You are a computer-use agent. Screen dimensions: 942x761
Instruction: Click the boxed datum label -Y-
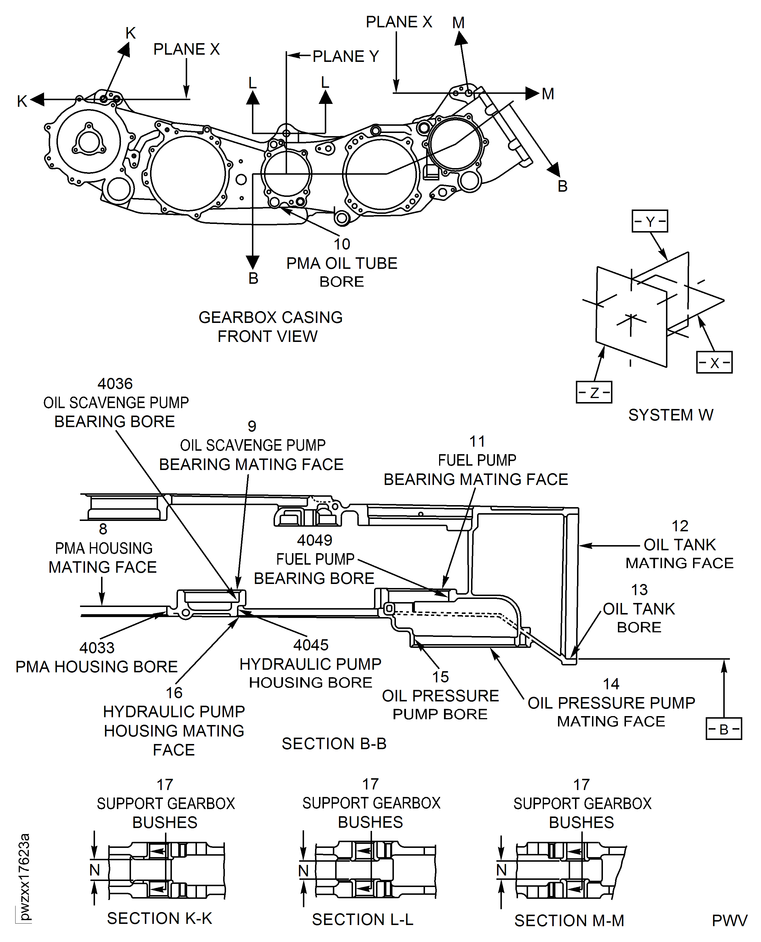click(x=650, y=221)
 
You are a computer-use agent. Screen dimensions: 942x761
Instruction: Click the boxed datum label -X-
click(x=714, y=362)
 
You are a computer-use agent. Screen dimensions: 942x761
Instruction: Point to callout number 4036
click(x=115, y=384)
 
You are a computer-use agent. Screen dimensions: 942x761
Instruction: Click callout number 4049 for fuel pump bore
click(x=314, y=540)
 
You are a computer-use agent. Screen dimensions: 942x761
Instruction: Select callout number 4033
click(x=97, y=648)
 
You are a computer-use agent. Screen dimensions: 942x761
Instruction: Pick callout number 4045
click(x=311, y=645)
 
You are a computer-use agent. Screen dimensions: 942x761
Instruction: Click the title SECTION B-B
click(x=334, y=743)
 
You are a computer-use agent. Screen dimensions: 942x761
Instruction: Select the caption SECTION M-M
click(x=569, y=920)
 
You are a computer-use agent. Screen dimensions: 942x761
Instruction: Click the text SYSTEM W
click(x=671, y=415)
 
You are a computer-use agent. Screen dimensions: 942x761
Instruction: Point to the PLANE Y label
click(x=346, y=56)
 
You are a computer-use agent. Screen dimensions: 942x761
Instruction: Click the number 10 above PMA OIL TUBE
click(x=342, y=244)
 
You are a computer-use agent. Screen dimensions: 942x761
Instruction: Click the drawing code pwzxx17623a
click(x=24, y=877)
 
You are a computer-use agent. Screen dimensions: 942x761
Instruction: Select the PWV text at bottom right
click(x=729, y=920)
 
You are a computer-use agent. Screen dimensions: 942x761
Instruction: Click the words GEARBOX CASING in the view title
click(x=270, y=317)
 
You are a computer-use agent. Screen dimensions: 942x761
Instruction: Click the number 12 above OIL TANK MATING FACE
click(x=680, y=526)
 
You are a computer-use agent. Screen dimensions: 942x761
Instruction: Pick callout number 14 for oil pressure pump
click(x=611, y=684)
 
